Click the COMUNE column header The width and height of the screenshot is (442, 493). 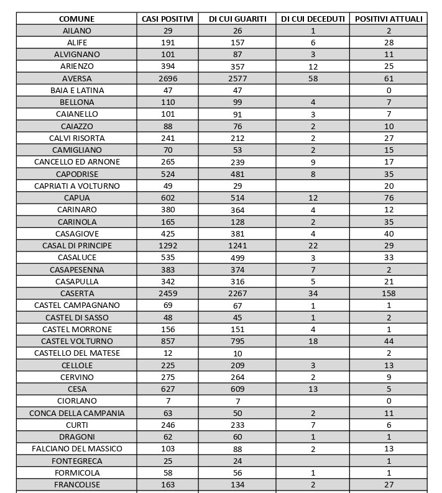[76, 19]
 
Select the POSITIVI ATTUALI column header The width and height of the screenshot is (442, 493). [389, 19]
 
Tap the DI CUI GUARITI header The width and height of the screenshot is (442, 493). [237, 19]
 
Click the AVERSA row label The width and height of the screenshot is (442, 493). [76, 78]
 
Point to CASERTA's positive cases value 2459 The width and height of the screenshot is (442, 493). [168, 294]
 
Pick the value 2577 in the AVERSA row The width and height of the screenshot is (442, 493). [237, 78]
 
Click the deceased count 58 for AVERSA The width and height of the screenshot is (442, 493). [313, 78]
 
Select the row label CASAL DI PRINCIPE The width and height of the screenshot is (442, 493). [76, 246]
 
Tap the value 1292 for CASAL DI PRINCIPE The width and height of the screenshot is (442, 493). [168, 246]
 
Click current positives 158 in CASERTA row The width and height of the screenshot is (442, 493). [389, 294]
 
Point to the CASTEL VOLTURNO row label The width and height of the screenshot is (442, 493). [76, 341]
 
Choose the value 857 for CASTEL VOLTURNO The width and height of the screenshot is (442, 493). [168, 341]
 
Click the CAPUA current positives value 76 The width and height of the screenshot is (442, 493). [389, 198]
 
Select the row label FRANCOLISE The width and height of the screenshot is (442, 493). [76, 485]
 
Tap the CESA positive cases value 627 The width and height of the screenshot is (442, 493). [168, 389]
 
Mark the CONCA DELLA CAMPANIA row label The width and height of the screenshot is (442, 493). [76, 414]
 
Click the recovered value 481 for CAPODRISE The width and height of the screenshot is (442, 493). [237, 174]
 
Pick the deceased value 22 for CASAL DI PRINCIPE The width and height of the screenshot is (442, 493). [313, 246]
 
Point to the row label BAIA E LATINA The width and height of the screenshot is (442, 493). [76, 91]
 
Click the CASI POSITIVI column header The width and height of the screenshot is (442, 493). [168, 19]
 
